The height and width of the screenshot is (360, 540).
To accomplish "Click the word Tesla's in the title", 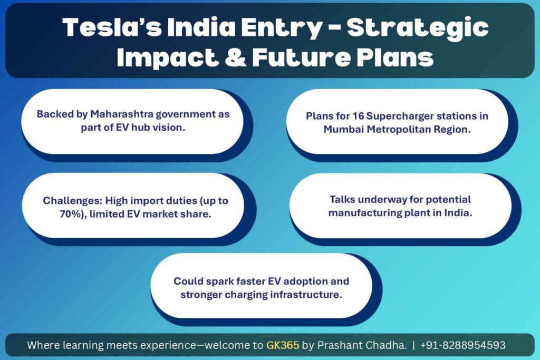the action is point(112,27).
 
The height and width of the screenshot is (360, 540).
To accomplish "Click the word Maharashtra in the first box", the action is point(122,114).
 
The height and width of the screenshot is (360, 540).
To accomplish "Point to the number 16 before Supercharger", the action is point(358,116).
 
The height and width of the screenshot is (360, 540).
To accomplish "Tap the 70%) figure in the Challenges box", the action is point(73,214).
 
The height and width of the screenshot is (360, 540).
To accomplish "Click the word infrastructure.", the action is point(306,295).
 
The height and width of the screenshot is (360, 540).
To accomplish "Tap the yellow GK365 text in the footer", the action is point(283,345).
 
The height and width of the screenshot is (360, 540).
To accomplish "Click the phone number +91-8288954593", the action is point(463,345).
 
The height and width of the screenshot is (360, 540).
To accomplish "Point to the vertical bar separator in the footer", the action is point(413,345).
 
